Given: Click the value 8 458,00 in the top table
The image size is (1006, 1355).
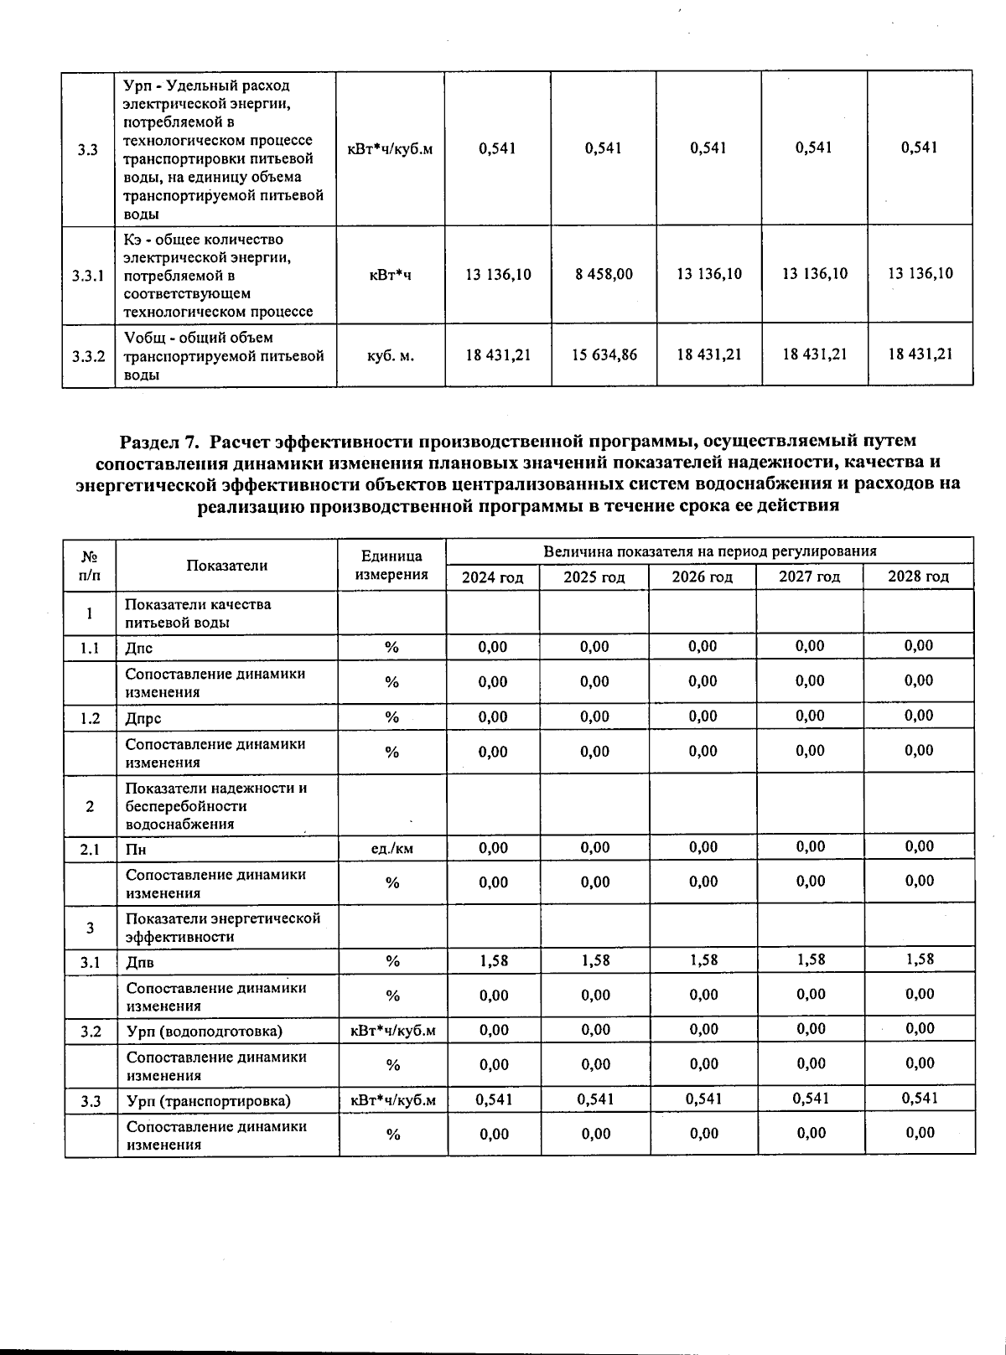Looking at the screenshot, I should point(604,274).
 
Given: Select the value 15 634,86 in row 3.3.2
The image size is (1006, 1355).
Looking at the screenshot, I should point(604,354).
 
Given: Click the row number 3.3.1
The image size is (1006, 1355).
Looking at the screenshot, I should point(88,275).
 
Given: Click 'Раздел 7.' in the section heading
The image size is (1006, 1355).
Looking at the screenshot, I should point(161,441).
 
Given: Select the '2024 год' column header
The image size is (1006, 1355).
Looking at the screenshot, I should point(493,577).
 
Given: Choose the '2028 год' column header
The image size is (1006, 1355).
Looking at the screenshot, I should point(918,577).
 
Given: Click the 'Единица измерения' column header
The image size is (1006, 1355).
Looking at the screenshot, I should point(392,565).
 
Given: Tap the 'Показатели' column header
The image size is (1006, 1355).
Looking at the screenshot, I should point(226,566).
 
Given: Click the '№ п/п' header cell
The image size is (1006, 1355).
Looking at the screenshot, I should point(88,565).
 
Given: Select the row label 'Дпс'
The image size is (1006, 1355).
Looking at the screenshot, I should point(139,648).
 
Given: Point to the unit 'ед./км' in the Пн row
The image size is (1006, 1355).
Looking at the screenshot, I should point(392,849).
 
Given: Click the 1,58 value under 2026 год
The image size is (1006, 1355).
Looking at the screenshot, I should point(703,960).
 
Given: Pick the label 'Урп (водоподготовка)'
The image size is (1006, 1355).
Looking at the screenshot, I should point(204,1031).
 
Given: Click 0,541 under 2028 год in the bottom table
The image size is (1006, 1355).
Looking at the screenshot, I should point(920,1099).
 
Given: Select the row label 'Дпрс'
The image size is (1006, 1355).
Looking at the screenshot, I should point(143,718).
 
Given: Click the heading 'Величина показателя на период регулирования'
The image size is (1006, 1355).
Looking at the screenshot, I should point(709,551).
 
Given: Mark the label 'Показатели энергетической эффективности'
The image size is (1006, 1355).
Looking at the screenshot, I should point(223,928).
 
